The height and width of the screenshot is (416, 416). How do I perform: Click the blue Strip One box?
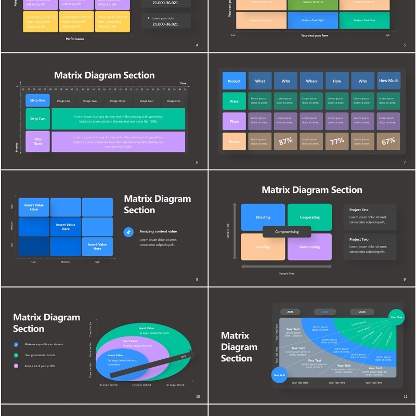(x=37, y=100)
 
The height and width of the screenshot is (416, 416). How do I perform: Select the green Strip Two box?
(x=37, y=119)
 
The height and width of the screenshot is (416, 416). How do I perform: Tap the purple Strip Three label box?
(x=37, y=141)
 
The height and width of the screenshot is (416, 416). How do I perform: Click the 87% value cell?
(x=285, y=141)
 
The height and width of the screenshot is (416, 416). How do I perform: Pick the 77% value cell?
(x=337, y=141)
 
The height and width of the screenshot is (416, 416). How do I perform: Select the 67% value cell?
(x=388, y=141)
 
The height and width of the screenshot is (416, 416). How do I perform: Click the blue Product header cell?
(x=234, y=81)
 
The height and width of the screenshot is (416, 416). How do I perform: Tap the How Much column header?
(x=388, y=81)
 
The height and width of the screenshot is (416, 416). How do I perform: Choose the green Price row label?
(x=234, y=101)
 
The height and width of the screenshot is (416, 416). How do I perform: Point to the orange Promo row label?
(x=234, y=141)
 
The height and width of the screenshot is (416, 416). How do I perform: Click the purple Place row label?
(x=234, y=121)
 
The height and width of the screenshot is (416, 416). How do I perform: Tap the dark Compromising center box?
(x=287, y=232)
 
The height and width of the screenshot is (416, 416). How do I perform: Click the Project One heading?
(x=359, y=210)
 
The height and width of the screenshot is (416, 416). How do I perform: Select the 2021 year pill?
(x=290, y=312)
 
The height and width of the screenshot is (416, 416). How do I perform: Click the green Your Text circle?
(x=397, y=317)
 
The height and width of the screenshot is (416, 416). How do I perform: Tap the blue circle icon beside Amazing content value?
(x=128, y=232)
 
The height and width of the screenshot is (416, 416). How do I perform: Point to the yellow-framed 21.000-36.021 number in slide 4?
(x=165, y=24)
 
